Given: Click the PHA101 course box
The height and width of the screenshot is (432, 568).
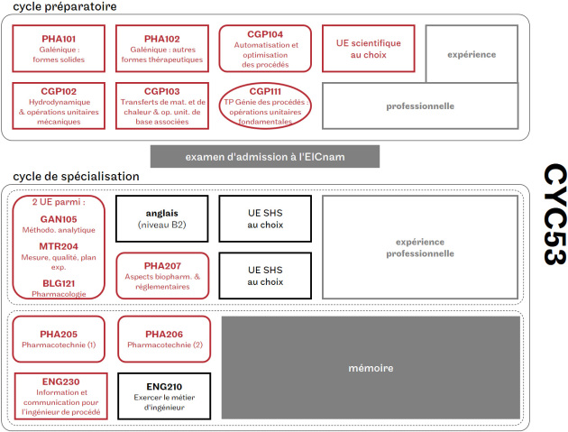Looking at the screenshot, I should coord(59,49).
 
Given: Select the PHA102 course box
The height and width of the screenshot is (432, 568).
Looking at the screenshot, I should coord(161,49).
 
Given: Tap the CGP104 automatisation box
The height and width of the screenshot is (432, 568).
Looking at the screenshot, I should coord(265,49).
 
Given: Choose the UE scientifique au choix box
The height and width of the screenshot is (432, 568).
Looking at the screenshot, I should coord(368,49).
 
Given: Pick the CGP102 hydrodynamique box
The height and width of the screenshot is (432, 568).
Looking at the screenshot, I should coord(59,105).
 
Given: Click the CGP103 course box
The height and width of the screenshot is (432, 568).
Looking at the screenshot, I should coord(161,105).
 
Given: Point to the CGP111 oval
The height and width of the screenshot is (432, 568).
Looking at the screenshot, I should coord(265,106).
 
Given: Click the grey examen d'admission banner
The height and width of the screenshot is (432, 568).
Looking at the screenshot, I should coord(264,156).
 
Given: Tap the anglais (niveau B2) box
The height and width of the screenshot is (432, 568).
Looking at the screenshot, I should coord(161,218).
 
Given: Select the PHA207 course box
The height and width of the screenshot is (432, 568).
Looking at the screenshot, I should coord(161,275).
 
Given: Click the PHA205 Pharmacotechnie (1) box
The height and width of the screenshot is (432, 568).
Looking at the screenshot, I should coord(59,338).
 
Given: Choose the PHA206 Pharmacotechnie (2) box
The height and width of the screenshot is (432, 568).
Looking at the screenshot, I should coord(164,338).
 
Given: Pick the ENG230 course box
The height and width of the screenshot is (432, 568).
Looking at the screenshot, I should coord(59,395).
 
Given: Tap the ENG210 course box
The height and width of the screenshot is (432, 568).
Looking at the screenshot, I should coord(164,395).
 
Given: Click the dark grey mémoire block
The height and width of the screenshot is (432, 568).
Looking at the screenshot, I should coord(372,368).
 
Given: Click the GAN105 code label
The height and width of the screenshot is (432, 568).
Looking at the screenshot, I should coord(59,219).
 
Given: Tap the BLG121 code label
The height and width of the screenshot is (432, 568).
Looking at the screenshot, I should coord(59,283).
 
